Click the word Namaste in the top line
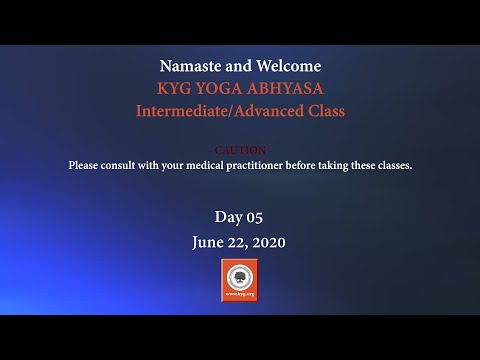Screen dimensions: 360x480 pyautogui.click(x=190, y=66)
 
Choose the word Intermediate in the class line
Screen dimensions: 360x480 pyautogui.click(x=184, y=111)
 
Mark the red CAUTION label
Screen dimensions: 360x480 pyautogui.click(x=240, y=150)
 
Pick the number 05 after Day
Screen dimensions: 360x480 pyautogui.click(x=254, y=217)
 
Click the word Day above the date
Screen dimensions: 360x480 pyautogui.click(x=228, y=217)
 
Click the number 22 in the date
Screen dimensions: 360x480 pyautogui.click(x=238, y=242)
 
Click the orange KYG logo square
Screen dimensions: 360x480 pyautogui.click(x=240, y=281)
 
